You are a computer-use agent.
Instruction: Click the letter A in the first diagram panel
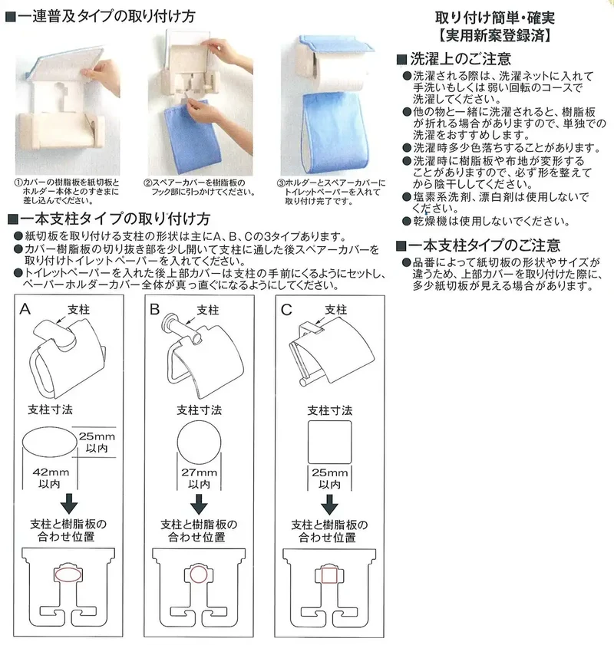pyautogui.click(x=25, y=309)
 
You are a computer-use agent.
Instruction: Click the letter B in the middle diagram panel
pyautogui.click(x=155, y=309)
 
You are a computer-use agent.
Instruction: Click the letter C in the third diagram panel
pyautogui.click(x=286, y=310)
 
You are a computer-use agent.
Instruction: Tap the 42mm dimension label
pyautogui.click(x=51, y=472)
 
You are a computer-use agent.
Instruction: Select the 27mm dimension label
pyautogui.click(x=200, y=472)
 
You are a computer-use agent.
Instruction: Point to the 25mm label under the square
pyautogui.click(x=329, y=472)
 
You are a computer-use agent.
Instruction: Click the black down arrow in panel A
pyautogui.click(x=69, y=503)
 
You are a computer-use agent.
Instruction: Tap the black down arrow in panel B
pyautogui.click(x=199, y=504)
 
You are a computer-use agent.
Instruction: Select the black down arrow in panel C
pyautogui.click(x=329, y=505)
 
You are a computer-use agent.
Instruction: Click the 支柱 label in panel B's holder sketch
pyautogui.click(x=208, y=310)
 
